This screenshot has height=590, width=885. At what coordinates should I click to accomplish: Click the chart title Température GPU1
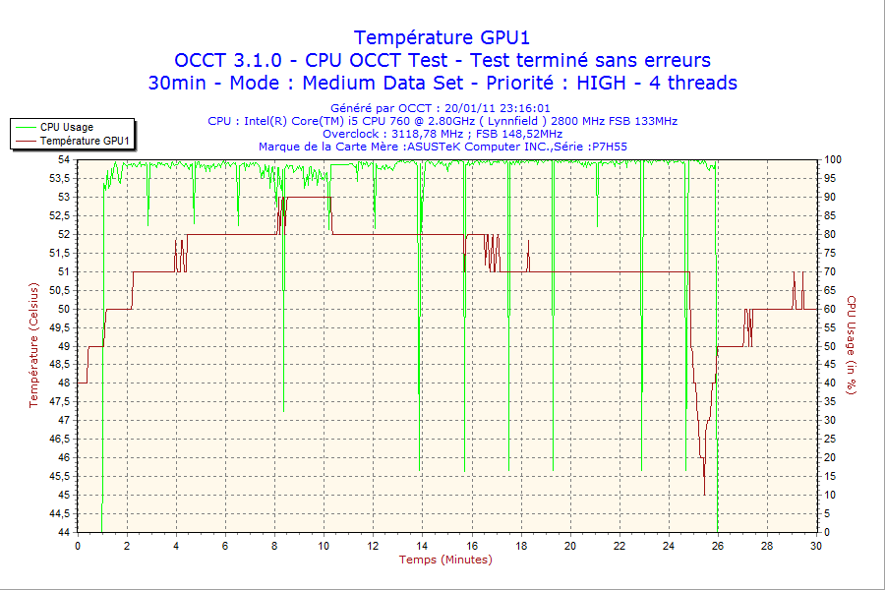point(442,37)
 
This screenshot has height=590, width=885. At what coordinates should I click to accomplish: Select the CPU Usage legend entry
point(67,127)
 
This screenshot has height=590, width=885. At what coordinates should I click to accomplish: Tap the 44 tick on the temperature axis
point(64,532)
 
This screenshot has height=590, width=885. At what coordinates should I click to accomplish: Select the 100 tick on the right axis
point(832,159)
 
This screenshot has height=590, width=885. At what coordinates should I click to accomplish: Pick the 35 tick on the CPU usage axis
point(829,401)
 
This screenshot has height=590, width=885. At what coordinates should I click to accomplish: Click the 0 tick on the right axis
point(826,532)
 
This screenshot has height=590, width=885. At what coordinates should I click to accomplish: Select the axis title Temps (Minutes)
point(445,560)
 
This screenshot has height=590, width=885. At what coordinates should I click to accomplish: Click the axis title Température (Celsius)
point(33,345)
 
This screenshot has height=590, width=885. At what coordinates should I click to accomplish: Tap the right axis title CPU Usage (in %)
point(852,345)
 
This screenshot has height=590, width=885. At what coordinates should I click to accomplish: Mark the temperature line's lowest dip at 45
point(704,494)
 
